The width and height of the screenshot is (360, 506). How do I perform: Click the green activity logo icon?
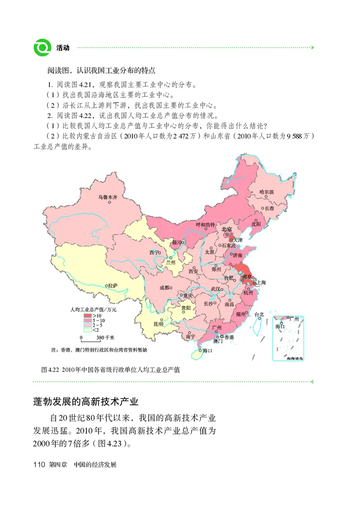pyautogui.click(x=43, y=47)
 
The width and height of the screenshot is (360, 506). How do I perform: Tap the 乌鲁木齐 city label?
pyautogui.click(x=108, y=197)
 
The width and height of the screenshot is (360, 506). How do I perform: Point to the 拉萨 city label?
pyautogui.click(x=112, y=285)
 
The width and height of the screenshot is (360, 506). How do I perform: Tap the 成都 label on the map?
pyautogui.click(x=164, y=288)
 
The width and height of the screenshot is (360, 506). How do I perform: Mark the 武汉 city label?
pyautogui.click(x=216, y=289)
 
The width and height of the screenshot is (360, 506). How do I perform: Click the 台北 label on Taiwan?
pyautogui.click(x=259, y=314)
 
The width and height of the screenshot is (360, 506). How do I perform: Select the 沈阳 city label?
pyautogui.click(x=256, y=223)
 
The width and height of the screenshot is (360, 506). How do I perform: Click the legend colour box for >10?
pyautogui.click(x=87, y=316)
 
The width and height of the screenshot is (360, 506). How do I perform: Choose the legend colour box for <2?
pyautogui.click(x=87, y=330)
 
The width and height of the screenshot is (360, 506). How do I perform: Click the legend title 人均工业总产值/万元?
pyautogui.click(x=93, y=310)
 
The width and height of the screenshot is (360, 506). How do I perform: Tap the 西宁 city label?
pyautogui.click(x=154, y=252)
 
